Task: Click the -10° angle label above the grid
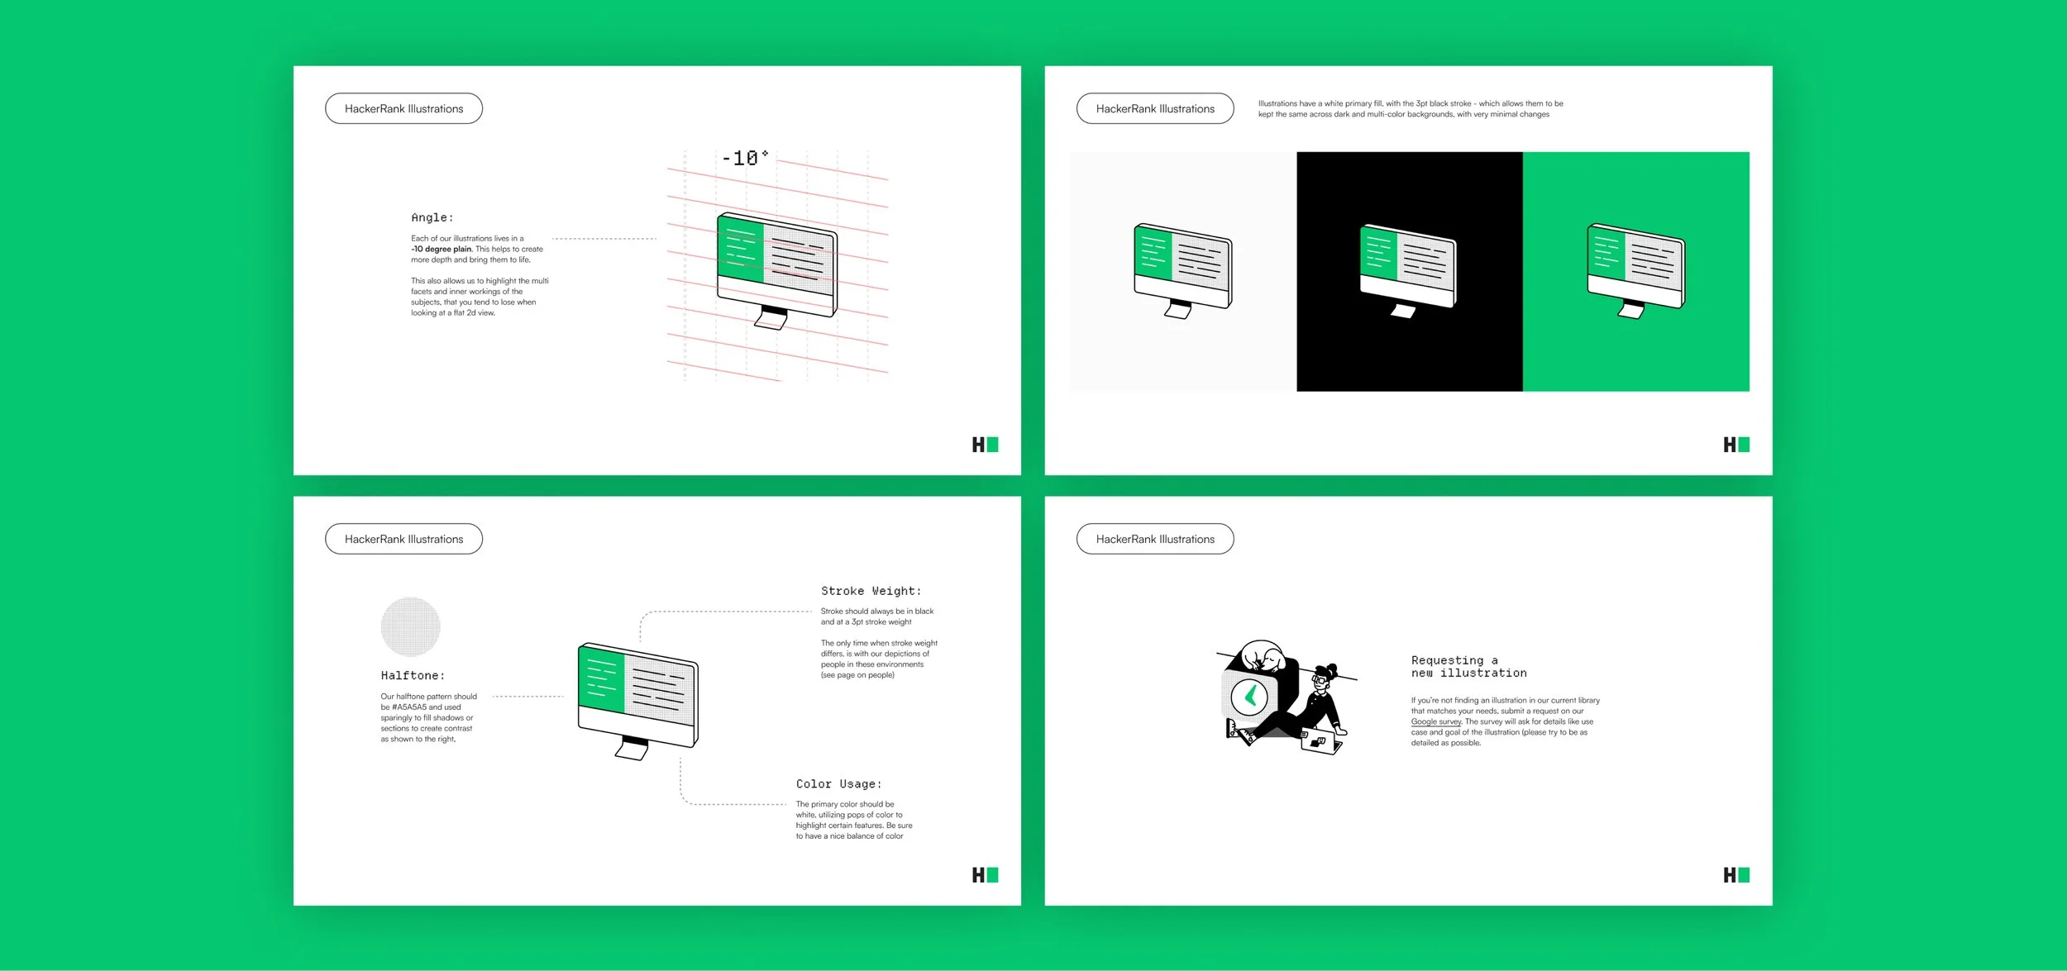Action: click(745, 158)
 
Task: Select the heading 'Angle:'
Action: click(432, 217)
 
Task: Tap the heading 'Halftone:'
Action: click(413, 675)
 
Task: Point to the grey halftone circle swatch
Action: click(410, 626)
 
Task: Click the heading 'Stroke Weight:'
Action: click(871, 591)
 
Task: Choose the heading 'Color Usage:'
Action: click(838, 783)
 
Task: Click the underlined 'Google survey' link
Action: click(1436, 721)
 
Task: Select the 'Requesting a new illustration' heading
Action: click(1468, 666)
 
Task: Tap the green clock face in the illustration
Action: click(1249, 696)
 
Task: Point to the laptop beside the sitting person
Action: click(1320, 743)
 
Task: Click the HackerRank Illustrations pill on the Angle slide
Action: click(403, 108)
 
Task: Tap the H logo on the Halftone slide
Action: click(985, 874)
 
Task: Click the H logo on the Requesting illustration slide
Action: click(1736, 874)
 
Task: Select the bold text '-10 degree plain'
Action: click(442, 249)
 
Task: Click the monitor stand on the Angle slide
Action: click(772, 318)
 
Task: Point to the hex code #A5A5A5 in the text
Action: click(409, 707)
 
